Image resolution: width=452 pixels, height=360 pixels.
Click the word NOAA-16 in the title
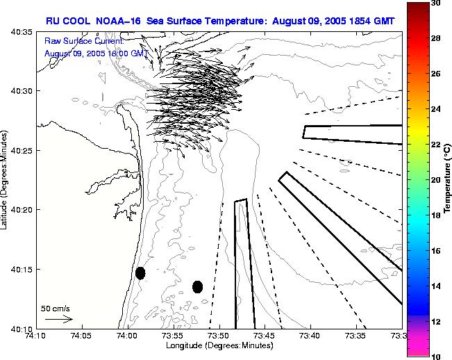118,22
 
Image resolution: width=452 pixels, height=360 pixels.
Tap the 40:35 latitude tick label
22,33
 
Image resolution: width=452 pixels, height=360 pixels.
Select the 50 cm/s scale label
56,308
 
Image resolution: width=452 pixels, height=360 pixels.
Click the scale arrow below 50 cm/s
58,319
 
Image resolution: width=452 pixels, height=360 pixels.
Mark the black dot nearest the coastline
140,273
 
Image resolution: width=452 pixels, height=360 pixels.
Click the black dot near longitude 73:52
197,286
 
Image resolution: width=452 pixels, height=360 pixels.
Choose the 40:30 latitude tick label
22,92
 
